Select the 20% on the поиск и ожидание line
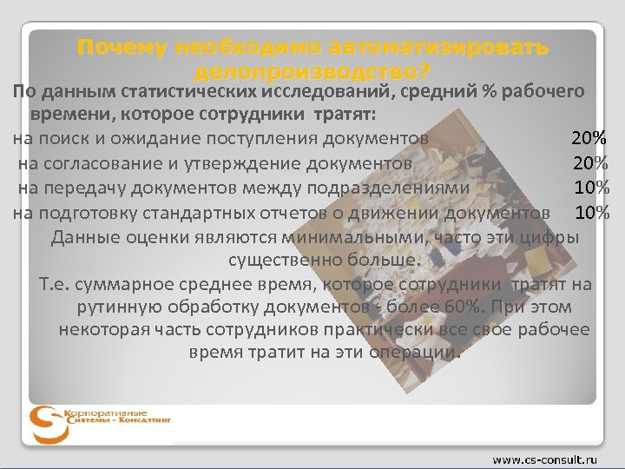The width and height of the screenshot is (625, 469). pos(588,138)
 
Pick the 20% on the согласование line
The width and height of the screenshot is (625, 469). pos(589,162)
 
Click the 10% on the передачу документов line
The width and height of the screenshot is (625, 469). pos(591,188)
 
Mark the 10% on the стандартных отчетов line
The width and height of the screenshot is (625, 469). pos(591,213)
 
